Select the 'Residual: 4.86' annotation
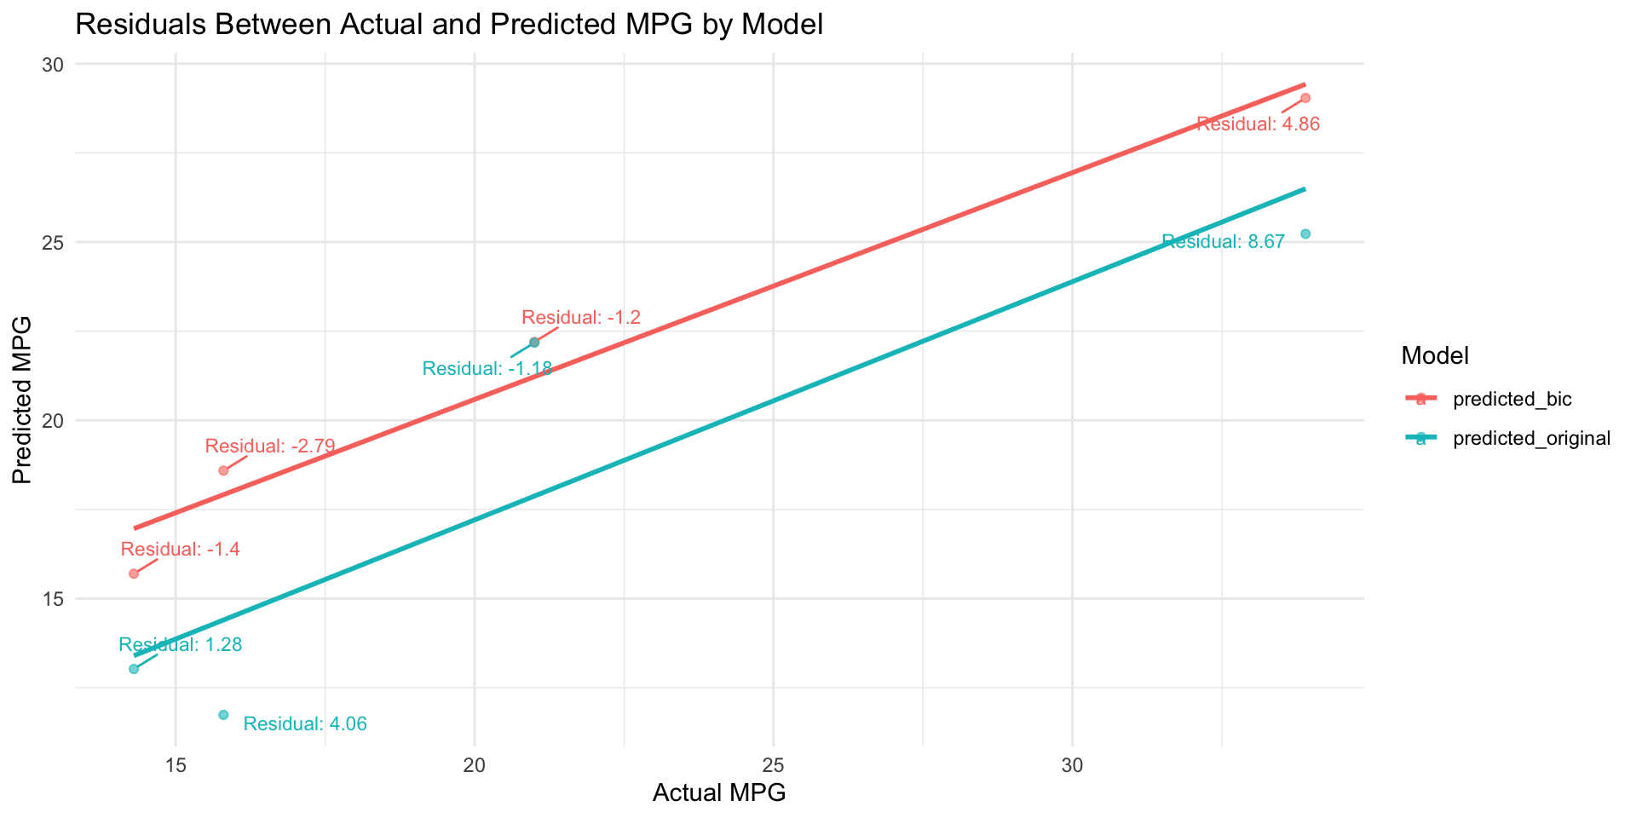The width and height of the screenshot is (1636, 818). pos(1258,124)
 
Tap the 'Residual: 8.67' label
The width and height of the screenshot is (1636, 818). pos(1223,243)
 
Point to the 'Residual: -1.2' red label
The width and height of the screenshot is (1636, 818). pos(580,318)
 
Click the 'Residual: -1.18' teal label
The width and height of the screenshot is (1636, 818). pos(487,369)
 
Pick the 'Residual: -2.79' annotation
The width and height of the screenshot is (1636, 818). pos(270,446)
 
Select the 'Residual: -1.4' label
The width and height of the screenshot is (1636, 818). pos(180,550)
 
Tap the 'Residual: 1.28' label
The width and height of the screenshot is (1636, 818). pos(181,645)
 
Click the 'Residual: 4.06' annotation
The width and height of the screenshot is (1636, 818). pos(305,724)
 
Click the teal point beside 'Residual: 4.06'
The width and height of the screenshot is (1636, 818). pos(223,714)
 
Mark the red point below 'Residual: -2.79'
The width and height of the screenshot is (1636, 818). pos(223,470)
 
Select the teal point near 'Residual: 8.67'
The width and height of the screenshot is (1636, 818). pos(1305,233)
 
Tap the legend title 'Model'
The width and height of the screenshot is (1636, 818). pos(1434,357)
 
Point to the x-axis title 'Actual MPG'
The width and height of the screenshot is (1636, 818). pos(718,793)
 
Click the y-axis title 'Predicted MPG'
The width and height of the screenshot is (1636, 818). pos(23,400)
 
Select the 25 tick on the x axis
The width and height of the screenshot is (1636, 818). pos(773,765)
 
